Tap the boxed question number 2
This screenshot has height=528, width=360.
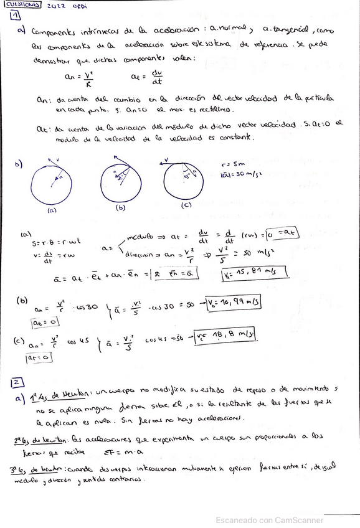point(17,382)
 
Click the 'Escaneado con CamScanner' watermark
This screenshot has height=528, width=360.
point(269,519)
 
